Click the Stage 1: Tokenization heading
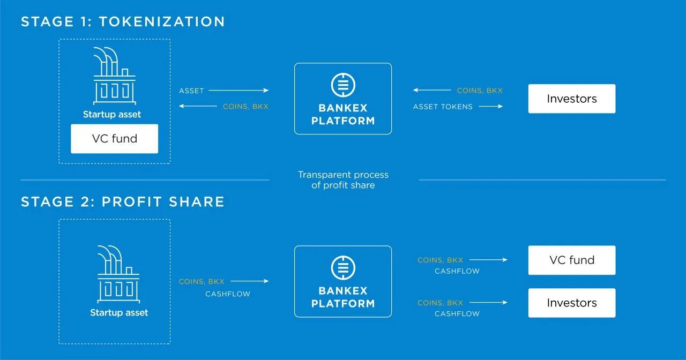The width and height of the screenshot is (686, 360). [x=123, y=21]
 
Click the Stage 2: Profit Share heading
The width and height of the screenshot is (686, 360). [x=123, y=201]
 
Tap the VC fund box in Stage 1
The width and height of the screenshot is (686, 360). [x=114, y=139]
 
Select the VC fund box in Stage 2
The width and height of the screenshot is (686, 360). [x=571, y=260]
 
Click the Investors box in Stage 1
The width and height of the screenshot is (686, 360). [x=571, y=99]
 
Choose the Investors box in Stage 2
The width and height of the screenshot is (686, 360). [x=571, y=303]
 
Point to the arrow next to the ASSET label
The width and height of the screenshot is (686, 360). [x=238, y=91]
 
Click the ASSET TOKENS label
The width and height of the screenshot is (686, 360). [x=443, y=107]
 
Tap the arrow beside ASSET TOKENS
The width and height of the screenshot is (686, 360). [x=490, y=107]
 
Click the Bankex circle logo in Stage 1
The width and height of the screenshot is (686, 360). [x=343, y=85]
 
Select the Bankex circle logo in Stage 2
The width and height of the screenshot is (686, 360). [x=343, y=268]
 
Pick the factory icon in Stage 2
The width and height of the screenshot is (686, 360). [x=118, y=274]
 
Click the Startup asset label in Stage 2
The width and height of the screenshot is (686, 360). [x=119, y=313]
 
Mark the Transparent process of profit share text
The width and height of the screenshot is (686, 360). [x=343, y=180]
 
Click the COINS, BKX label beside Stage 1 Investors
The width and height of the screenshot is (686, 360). [x=480, y=91]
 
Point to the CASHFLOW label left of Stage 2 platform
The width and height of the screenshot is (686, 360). [x=228, y=294]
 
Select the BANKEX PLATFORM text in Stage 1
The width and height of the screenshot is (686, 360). [x=343, y=114]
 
